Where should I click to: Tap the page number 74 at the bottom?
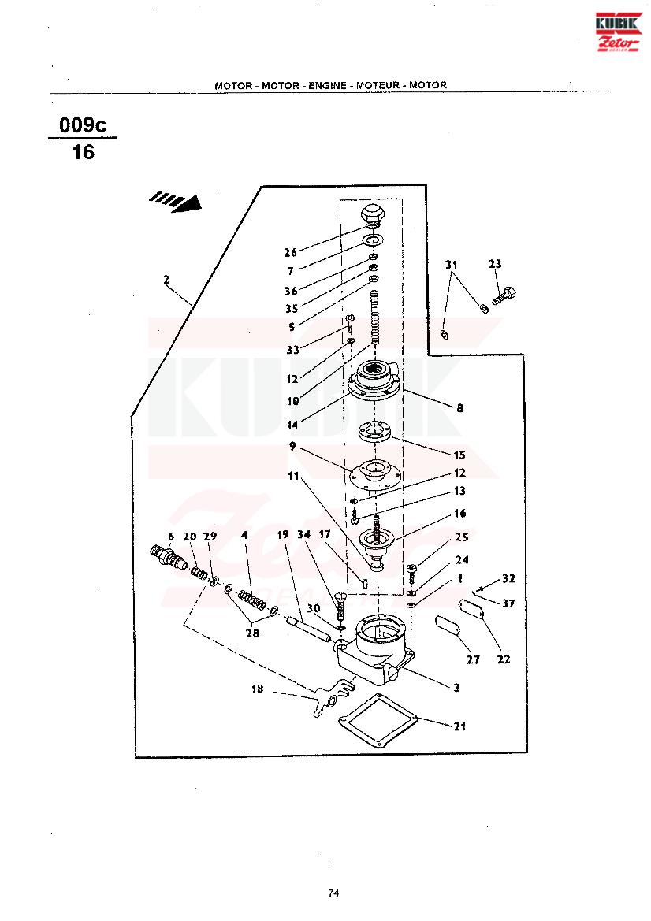tap(333, 893)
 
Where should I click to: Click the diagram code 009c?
tap(83, 125)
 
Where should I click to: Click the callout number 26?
tap(291, 253)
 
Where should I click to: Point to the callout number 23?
tap(495, 265)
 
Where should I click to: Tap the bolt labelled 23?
tap(504, 297)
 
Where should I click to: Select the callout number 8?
tap(459, 408)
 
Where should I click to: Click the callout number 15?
tap(459, 455)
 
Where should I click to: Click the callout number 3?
tap(456, 688)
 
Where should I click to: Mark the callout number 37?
tap(508, 603)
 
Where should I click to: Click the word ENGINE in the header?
tap(326, 85)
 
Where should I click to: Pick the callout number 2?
tap(166, 280)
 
